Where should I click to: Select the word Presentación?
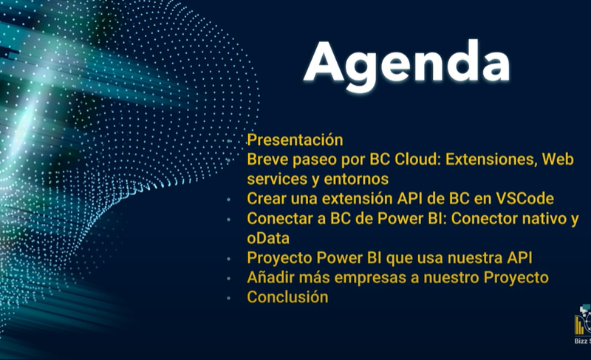click(x=295, y=140)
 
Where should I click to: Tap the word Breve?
click(x=267, y=160)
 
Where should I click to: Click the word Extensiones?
click(x=491, y=160)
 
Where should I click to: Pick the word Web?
click(x=558, y=160)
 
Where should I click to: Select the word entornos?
click(x=356, y=180)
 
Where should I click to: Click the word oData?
click(x=268, y=238)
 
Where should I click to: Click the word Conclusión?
click(x=287, y=297)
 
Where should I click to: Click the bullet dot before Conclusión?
click(x=229, y=298)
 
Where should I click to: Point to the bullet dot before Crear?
click(x=229, y=200)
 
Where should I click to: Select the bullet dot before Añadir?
click(x=229, y=279)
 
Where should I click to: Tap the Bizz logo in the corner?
click(x=583, y=325)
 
